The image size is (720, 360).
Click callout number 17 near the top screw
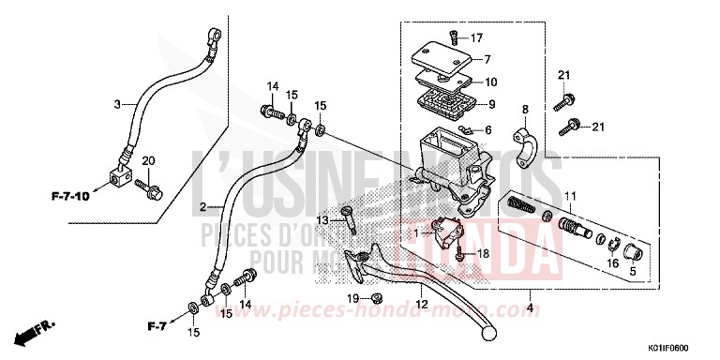[476, 38]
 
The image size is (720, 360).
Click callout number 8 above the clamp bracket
[525, 111]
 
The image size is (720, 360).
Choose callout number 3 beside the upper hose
[118, 104]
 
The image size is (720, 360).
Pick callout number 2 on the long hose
[202, 206]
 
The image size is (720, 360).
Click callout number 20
[146, 162]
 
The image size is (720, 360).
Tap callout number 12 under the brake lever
[423, 305]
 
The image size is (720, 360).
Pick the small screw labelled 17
[452, 37]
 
